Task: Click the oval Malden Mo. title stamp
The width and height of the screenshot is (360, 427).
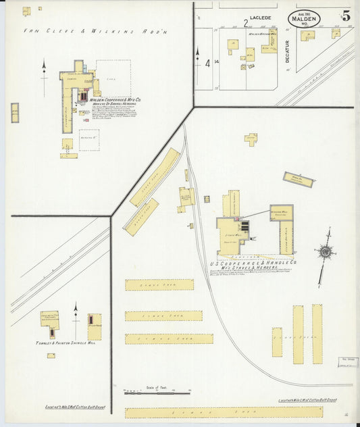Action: (304, 19)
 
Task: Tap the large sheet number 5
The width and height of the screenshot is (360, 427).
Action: (345, 17)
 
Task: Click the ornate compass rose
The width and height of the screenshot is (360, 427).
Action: (325, 253)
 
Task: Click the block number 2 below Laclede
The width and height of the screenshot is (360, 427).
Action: (245, 22)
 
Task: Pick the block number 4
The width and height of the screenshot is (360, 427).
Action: (207, 64)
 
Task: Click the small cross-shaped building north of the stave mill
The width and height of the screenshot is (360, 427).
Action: (251, 139)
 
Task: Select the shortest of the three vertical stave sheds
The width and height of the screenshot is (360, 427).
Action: (277, 342)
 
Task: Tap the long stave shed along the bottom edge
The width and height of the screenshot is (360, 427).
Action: (224, 411)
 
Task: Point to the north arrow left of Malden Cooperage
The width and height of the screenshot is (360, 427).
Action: (44, 74)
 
